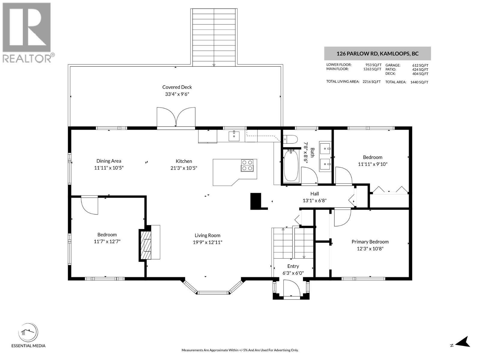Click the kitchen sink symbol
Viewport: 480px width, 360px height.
click(234, 136)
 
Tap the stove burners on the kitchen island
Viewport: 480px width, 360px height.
click(247, 165)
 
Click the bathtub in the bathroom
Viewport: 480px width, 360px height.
click(291, 166)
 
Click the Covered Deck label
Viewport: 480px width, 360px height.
click(177, 87)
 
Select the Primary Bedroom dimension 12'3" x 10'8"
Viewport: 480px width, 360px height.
click(370, 248)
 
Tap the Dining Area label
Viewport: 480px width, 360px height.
click(109, 161)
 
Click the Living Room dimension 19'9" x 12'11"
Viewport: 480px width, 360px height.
click(207, 242)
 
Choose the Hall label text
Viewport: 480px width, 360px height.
click(314, 194)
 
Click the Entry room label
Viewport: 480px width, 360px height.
click(293, 266)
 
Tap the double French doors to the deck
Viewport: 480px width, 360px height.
click(176, 117)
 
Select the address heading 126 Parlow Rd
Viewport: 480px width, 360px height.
click(377, 54)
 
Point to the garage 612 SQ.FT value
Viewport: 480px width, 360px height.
click(420, 65)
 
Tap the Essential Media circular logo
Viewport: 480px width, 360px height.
click(28, 332)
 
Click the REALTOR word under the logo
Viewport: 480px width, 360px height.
click(27, 58)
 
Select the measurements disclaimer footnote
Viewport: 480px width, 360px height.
click(240, 350)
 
